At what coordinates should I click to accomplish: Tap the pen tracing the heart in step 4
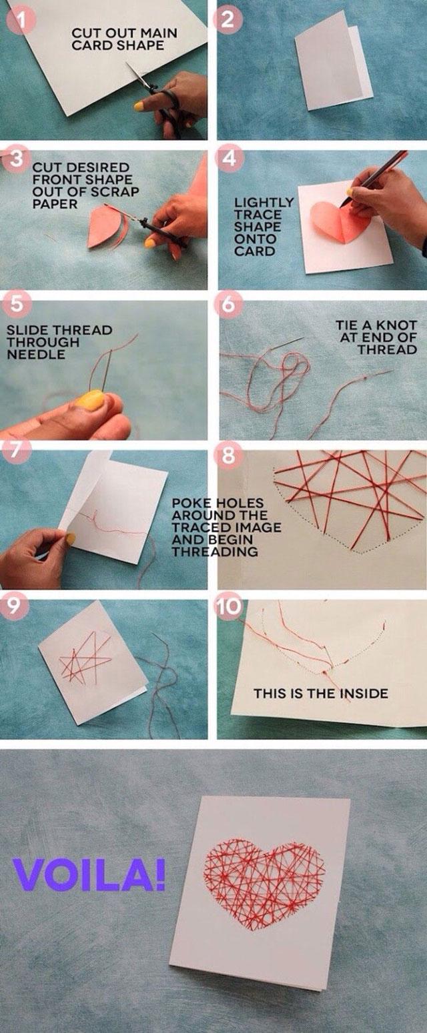(x=374, y=179)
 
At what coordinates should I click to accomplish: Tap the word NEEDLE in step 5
(x=35, y=354)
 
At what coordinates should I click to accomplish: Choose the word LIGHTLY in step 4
(x=264, y=203)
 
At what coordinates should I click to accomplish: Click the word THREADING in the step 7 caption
(x=214, y=552)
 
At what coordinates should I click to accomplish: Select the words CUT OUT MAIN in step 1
(x=124, y=33)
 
